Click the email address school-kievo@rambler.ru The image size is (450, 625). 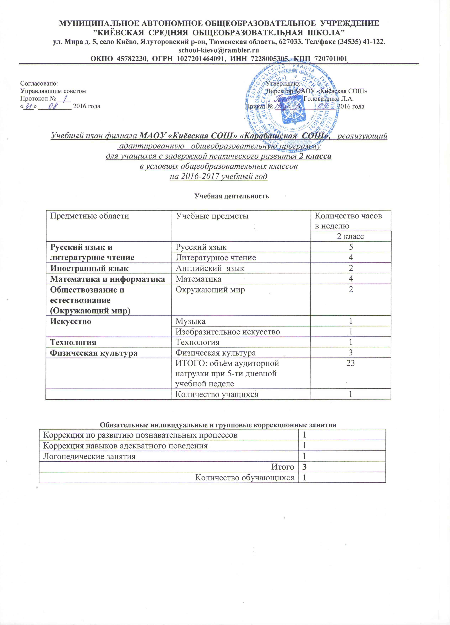click(x=219, y=50)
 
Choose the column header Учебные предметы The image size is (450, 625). click(x=212, y=216)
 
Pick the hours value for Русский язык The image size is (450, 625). click(x=351, y=247)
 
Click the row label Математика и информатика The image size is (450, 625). click(x=107, y=279)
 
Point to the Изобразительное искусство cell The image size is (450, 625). click(x=228, y=331)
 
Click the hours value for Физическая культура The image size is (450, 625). click(x=351, y=353)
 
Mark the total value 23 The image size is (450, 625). click(x=351, y=363)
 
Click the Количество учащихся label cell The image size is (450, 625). click(x=217, y=394)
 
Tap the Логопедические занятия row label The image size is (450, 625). click(x=90, y=456)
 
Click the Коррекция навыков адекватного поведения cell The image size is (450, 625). click(x=125, y=446)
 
